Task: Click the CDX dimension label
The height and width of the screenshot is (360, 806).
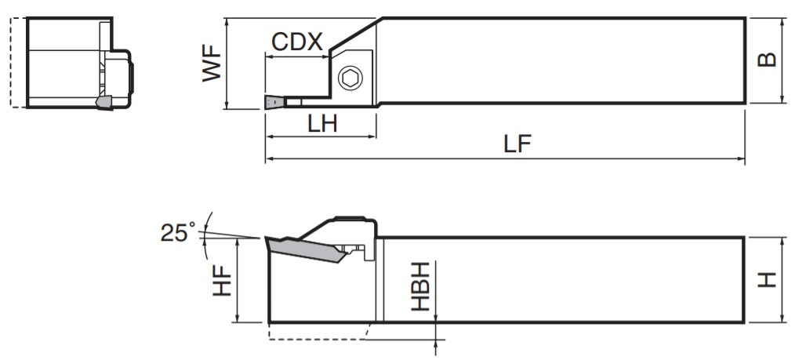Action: point(298,42)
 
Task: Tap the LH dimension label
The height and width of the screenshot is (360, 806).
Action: point(322,123)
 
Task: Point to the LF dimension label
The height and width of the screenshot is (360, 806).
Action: point(517,145)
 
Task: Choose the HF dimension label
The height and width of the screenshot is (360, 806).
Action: point(222,279)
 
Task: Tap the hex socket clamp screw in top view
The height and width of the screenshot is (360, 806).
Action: point(349,78)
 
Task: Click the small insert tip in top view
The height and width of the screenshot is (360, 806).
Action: point(274,102)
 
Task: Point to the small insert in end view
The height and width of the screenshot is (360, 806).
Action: point(103,102)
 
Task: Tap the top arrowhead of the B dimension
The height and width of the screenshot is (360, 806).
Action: point(783,21)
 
